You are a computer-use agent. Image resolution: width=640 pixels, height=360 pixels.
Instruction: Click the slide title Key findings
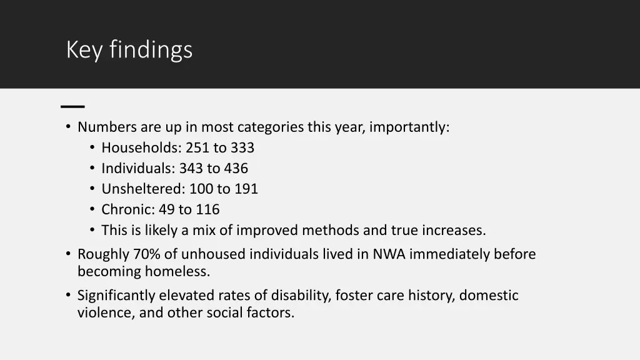[129, 49]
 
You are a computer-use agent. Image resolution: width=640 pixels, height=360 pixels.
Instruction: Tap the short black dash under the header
[73, 106]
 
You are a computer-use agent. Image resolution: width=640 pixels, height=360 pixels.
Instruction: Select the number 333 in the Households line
[242, 148]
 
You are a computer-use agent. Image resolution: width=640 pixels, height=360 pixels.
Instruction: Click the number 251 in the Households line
[197, 148]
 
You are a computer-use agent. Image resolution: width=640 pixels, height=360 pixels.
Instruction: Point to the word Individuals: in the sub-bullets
[138, 169]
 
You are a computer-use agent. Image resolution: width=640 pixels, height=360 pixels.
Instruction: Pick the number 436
[236, 169]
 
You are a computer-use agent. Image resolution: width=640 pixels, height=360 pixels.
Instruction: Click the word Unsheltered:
[144, 189]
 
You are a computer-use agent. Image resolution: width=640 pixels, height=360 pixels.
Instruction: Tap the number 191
[246, 189]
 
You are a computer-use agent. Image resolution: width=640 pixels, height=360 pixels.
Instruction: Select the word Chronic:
[128, 210]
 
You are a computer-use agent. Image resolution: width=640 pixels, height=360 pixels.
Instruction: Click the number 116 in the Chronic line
[207, 210]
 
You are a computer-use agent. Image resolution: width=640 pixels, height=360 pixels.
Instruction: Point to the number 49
[167, 210]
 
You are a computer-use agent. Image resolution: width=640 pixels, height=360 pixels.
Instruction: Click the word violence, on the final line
[104, 313]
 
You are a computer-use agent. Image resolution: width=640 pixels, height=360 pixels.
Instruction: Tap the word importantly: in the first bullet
[409, 127]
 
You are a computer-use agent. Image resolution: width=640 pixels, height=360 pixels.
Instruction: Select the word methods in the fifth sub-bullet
[331, 231]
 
